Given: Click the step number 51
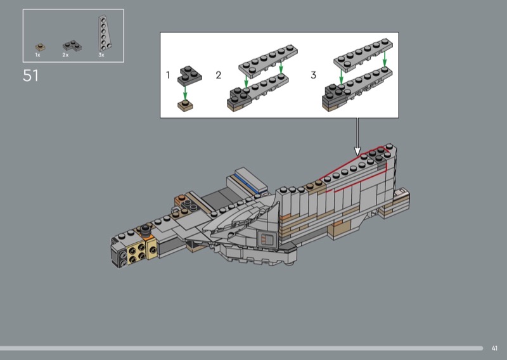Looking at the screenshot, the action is (x=30, y=75).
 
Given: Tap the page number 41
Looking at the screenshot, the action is (x=494, y=349).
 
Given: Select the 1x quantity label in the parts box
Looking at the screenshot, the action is (x=38, y=55).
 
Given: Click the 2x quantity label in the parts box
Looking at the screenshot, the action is (x=65, y=55).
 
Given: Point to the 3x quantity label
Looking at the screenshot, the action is (x=101, y=55).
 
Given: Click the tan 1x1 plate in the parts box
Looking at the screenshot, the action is (x=41, y=48).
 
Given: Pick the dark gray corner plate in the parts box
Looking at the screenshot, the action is (x=72, y=46).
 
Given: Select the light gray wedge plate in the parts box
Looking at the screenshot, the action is (x=104, y=34).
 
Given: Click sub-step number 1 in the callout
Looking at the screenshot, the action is (x=168, y=75).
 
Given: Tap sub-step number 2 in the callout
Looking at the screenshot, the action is (x=219, y=75).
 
